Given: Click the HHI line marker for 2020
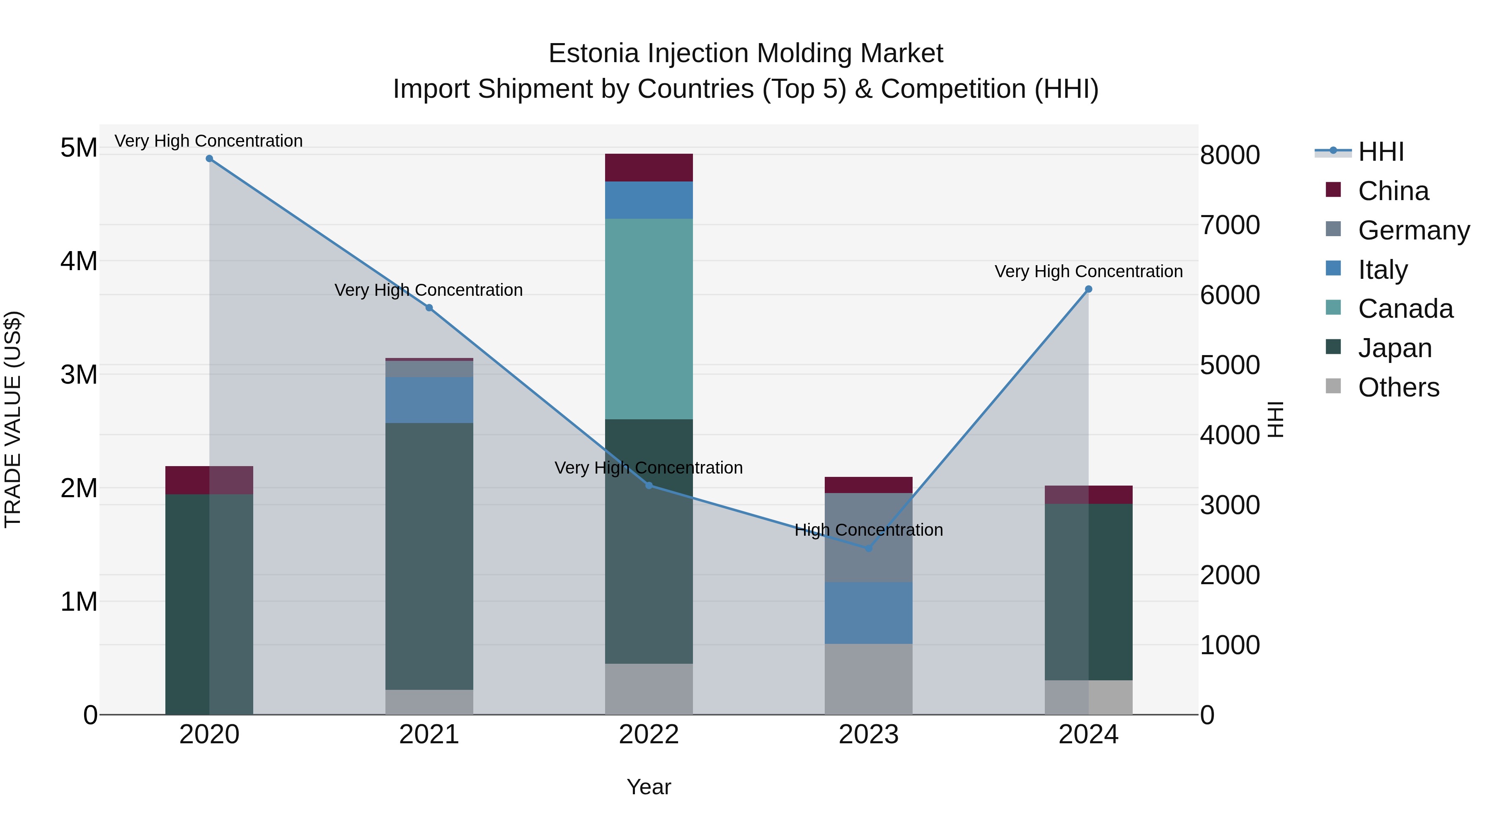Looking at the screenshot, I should [209, 159].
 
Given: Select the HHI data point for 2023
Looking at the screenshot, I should [868, 548].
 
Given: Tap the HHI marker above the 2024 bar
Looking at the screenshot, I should [1088, 289].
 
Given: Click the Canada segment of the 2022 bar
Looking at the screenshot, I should [649, 319].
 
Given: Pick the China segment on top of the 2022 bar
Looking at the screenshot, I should [649, 167].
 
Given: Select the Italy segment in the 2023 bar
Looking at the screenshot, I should [868, 613].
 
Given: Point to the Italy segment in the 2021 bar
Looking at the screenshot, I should [429, 399].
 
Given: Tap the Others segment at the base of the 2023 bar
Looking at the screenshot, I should [868, 679].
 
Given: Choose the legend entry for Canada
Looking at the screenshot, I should [1405, 309].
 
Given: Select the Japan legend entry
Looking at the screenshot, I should [1394, 348].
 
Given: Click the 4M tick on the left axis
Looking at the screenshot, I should [79, 261].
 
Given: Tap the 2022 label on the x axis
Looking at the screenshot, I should [649, 735].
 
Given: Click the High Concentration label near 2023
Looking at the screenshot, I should [868, 530].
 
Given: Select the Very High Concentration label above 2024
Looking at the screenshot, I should [1088, 271].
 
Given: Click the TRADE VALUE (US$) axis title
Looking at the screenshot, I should [13, 419].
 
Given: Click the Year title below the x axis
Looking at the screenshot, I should [649, 787].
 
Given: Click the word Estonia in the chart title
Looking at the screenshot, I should [593, 53].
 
